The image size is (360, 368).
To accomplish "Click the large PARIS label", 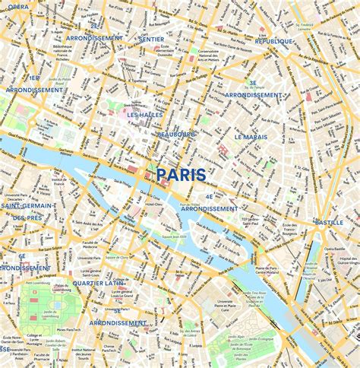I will click(181, 175).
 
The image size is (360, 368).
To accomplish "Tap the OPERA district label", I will click(18, 7).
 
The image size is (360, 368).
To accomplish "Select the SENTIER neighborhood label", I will click(151, 37).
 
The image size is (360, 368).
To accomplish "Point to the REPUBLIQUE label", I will click(274, 41).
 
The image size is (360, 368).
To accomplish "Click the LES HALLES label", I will click(145, 115).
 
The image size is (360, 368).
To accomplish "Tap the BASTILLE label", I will click(329, 222).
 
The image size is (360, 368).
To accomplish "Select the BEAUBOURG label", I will click(176, 135).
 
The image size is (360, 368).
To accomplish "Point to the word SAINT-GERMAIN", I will click(27, 205).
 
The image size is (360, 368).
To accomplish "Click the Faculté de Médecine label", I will click(90, 244).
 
